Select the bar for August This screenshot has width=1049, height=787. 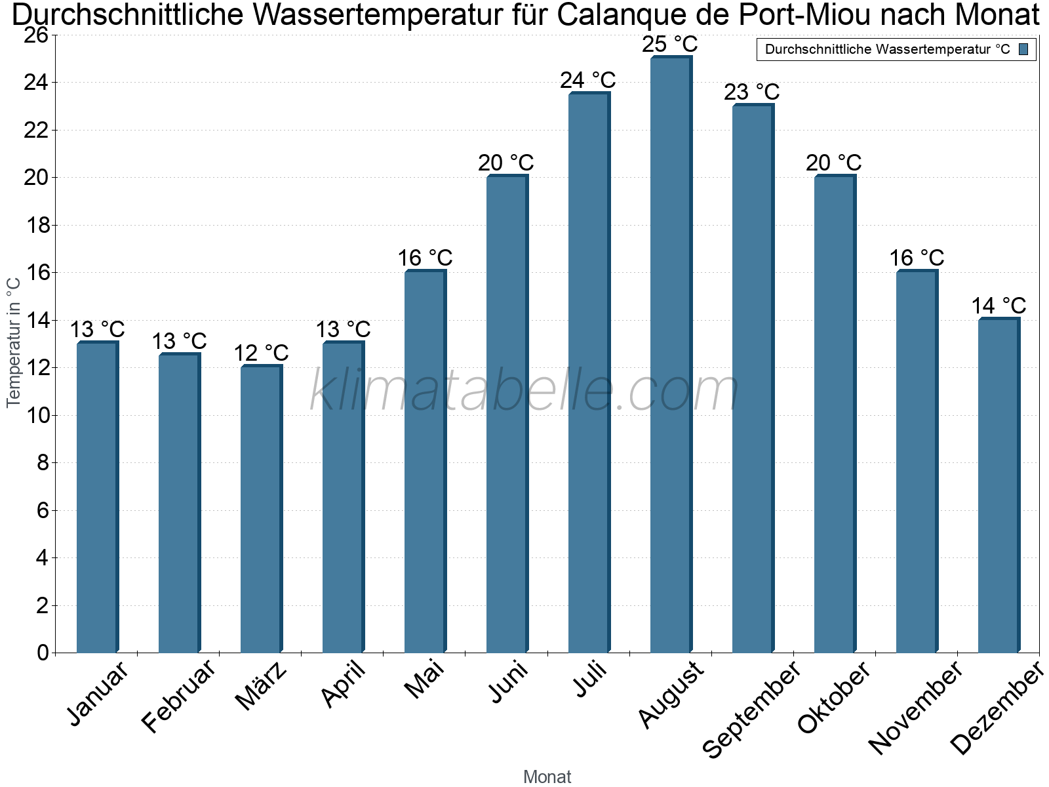[x=670, y=354]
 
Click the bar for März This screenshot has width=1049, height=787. [x=260, y=508]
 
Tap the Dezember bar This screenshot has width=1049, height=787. [x=998, y=485]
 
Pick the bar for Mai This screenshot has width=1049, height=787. [x=424, y=462]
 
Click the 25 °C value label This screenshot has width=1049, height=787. [x=670, y=45]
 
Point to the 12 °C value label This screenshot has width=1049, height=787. [x=261, y=353]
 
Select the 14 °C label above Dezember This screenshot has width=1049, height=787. [x=999, y=306]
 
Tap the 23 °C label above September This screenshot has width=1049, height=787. [x=752, y=92]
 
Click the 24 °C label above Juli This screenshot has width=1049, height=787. [x=588, y=80]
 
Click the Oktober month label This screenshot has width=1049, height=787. [x=833, y=698]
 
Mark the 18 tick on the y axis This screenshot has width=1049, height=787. [x=37, y=226]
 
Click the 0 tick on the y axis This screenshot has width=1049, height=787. [x=43, y=653]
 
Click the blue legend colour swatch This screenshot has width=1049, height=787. [x=1024, y=49]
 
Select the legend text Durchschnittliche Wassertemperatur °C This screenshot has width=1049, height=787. [x=888, y=49]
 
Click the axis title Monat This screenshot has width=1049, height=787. [x=547, y=777]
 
